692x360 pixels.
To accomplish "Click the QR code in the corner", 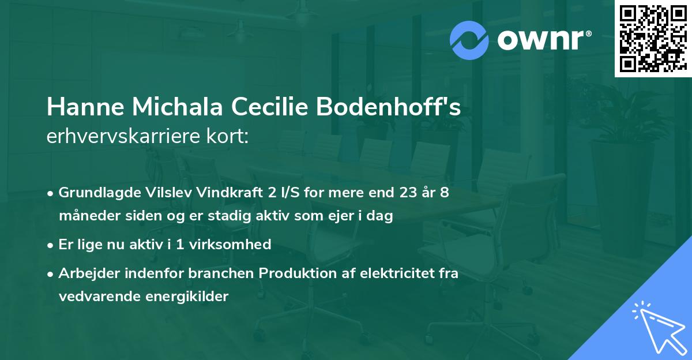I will [652, 38].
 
